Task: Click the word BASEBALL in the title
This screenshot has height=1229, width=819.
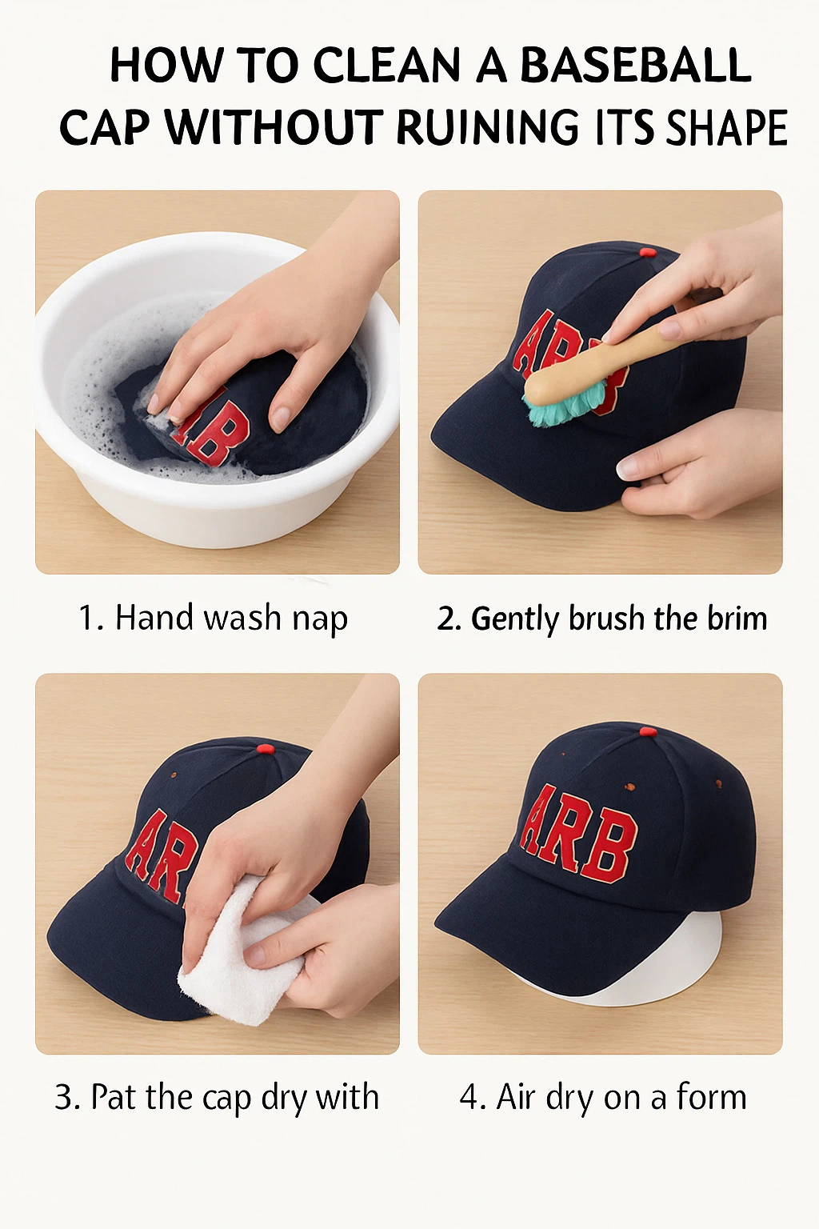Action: point(636,66)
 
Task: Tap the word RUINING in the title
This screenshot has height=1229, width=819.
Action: point(487,128)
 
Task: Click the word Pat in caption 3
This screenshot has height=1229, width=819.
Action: point(114,1097)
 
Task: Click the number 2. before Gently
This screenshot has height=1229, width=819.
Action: point(449,619)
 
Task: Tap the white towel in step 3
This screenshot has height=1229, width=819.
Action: point(240,960)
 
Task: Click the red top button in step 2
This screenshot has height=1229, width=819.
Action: point(648,253)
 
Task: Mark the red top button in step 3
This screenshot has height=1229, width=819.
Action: point(265,749)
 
